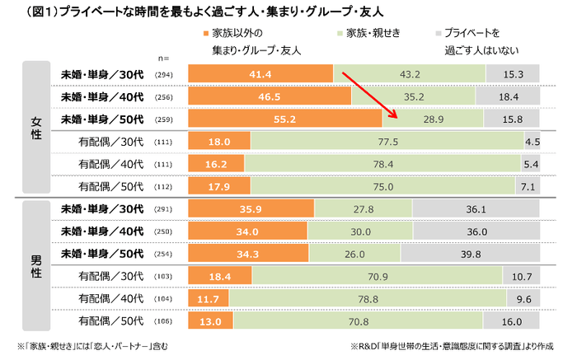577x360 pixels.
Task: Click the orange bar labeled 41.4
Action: [260, 74]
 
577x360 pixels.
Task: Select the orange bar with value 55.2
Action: [285, 119]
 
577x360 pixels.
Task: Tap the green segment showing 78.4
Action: [385, 163]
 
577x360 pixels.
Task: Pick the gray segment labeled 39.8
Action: [471, 254]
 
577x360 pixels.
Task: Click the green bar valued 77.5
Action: [384, 141]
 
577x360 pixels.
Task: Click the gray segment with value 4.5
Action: [531, 141]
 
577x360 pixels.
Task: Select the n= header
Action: [166, 58]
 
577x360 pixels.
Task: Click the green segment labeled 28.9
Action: [432, 119]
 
